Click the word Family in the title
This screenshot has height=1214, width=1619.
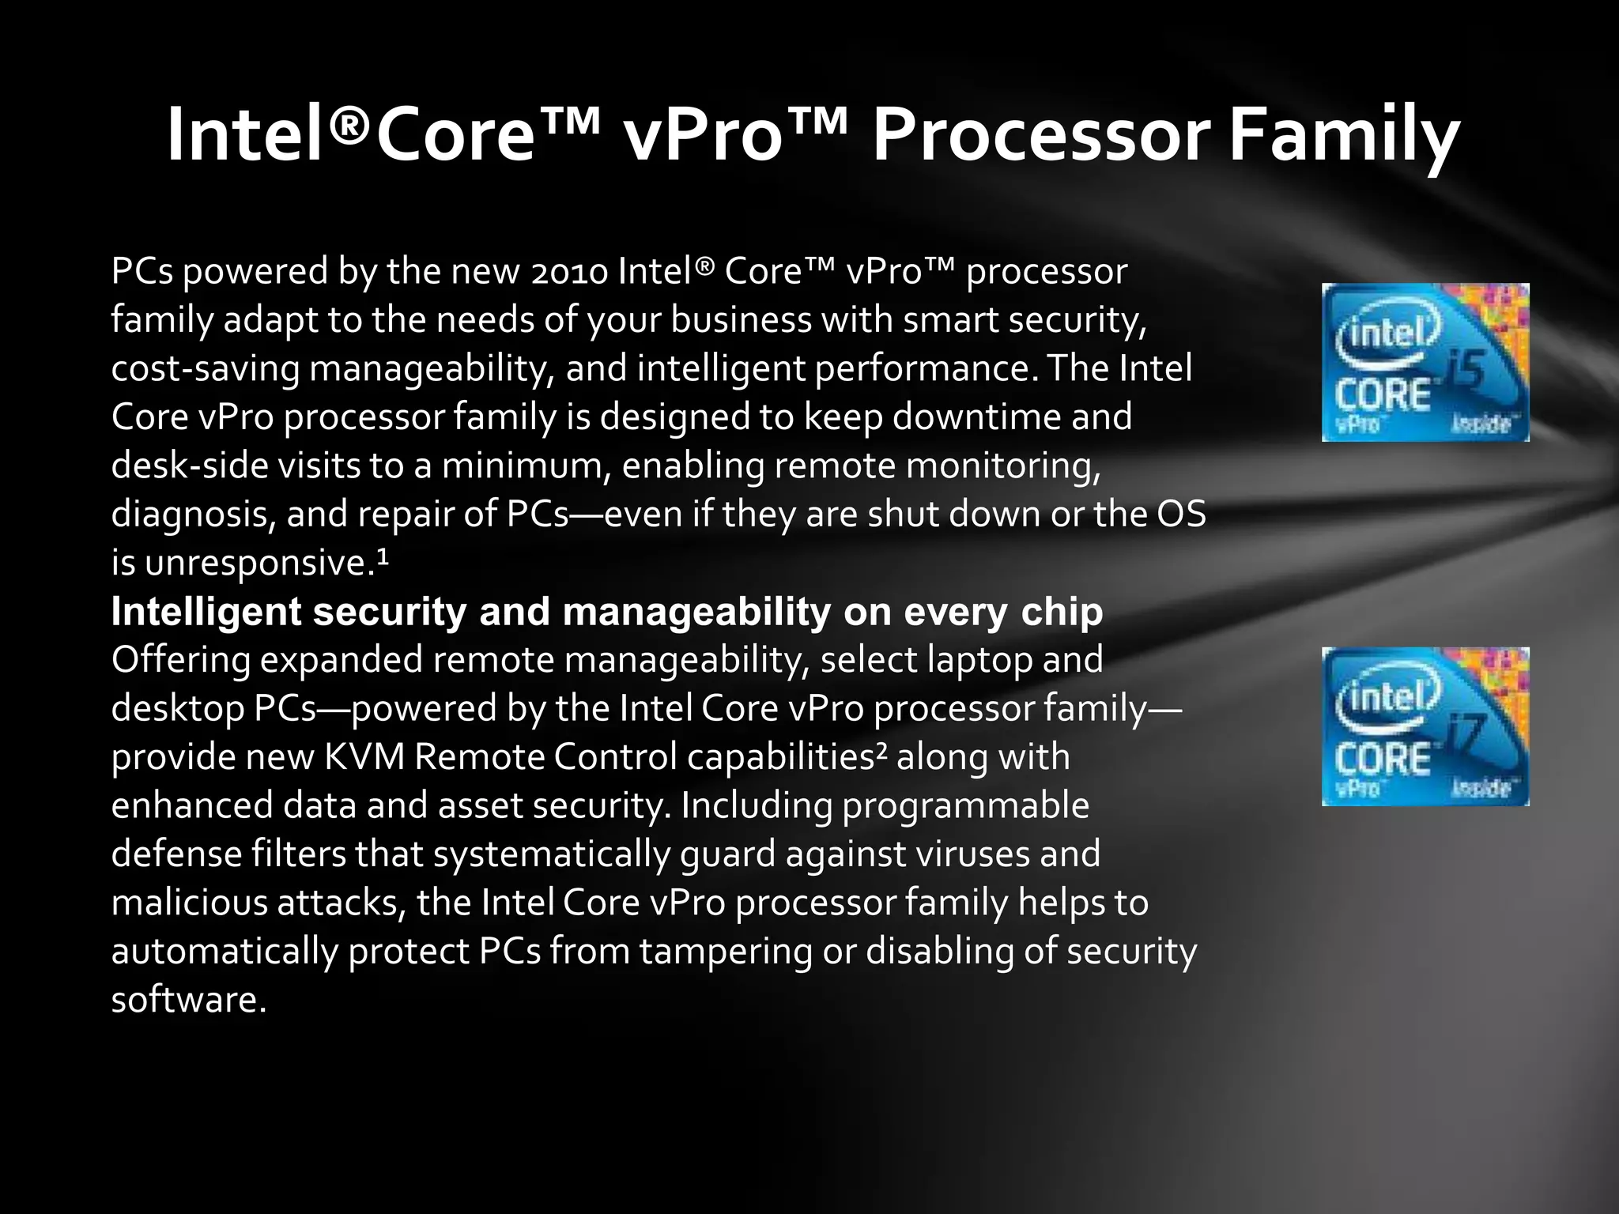[1344, 136]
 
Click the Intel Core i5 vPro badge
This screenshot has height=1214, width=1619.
[1425, 362]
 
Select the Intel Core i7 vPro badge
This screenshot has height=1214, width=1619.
[1425, 726]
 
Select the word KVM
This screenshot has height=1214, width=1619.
[364, 757]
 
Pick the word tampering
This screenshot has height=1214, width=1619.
[726, 952]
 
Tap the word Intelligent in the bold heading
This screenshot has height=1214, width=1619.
[206, 613]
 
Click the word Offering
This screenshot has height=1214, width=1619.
[181, 660]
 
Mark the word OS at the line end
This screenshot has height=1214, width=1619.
[1181, 515]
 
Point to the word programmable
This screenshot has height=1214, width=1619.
[965, 806]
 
